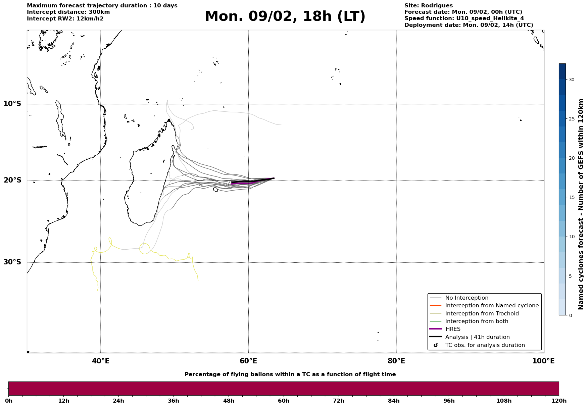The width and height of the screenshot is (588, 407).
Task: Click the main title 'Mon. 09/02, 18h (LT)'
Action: tap(285, 16)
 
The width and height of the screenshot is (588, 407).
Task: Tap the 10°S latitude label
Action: tap(12, 104)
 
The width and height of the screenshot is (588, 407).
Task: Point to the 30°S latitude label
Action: tap(12, 262)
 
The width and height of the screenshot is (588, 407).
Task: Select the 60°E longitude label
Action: tap(248, 361)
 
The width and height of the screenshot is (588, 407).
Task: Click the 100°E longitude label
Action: tap(543, 361)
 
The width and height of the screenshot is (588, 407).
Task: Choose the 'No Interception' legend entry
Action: tap(467, 298)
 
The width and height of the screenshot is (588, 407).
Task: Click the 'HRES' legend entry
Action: tap(453, 329)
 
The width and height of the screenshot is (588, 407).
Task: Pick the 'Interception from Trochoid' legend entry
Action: tap(482, 314)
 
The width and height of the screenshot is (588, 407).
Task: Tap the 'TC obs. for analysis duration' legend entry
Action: tap(485, 345)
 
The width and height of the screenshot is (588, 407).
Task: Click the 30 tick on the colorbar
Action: tap(571, 80)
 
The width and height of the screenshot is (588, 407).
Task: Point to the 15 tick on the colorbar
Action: tap(571, 197)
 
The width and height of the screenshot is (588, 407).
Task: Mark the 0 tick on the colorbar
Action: tap(570, 315)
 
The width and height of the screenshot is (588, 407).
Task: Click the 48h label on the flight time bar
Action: tap(229, 401)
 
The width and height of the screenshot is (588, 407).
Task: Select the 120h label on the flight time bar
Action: tap(559, 401)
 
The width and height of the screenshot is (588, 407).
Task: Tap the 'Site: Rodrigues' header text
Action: tap(428, 6)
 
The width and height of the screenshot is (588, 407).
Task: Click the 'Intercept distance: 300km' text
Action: tap(68, 12)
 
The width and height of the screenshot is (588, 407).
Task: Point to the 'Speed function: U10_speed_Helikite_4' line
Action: tap(464, 18)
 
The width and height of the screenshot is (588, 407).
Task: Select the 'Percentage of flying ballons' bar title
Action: tap(290, 374)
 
